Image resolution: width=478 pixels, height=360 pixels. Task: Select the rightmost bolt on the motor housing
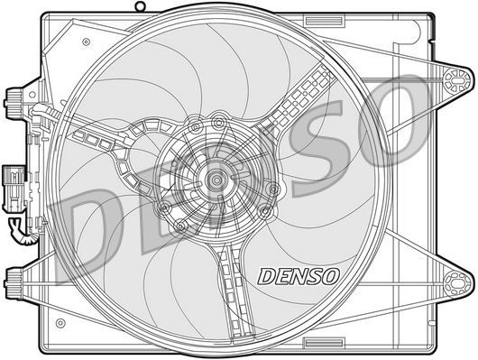(265, 212)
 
